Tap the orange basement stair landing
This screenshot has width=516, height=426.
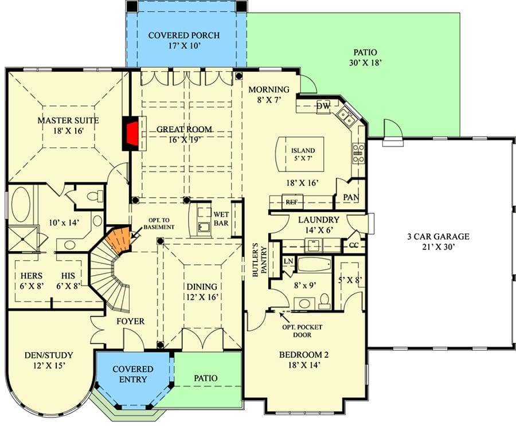(119, 239)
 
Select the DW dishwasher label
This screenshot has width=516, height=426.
(323, 106)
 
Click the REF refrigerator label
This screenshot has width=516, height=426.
(292, 202)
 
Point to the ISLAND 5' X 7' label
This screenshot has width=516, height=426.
(303, 154)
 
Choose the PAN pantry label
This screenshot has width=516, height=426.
(351, 197)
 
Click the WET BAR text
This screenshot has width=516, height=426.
(221, 219)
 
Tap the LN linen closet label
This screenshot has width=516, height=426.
(288, 261)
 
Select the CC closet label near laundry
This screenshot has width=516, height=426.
(353, 245)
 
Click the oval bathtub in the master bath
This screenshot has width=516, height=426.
(21, 205)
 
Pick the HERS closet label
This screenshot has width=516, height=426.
(32, 276)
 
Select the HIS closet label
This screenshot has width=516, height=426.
(68, 276)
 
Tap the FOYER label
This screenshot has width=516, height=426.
(130, 321)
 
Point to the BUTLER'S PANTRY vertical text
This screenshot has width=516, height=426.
(259, 264)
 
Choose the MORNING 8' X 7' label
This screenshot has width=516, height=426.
(269, 95)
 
